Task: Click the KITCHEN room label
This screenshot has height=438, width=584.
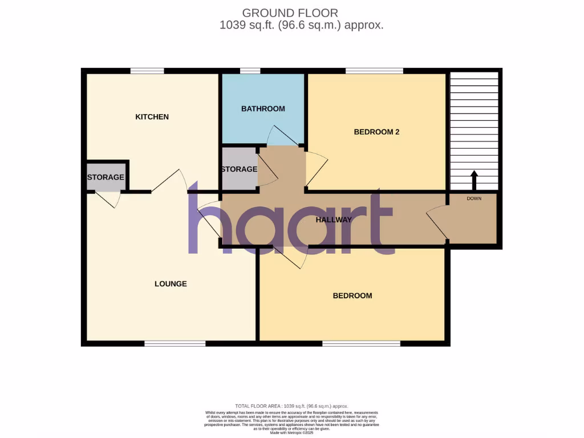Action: tap(152, 117)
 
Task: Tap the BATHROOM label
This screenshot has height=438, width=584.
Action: tap(263, 108)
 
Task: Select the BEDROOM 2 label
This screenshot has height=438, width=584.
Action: tap(376, 132)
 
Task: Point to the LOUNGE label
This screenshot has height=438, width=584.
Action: tap(171, 283)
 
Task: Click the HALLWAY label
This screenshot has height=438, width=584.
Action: tap(334, 220)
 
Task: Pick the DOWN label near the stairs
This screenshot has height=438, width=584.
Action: tap(474, 198)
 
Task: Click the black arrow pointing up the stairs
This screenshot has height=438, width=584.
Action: tap(473, 180)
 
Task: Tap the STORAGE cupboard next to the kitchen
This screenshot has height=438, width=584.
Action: tap(106, 177)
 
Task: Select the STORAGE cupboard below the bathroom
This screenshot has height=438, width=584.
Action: tap(239, 169)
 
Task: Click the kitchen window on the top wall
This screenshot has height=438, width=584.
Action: tap(147, 71)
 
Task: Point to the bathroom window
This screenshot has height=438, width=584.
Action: tap(250, 71)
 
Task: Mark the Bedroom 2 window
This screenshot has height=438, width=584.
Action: tap(374, 71)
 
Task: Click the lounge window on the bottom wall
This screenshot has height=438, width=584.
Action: tap(175, 343)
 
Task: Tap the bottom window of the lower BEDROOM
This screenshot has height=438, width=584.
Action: tap(361, 343)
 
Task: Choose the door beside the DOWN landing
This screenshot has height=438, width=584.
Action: tap(437, 222)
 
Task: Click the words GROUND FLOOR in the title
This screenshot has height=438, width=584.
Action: tap(290, 13)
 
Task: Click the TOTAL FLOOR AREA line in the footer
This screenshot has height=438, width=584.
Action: tap(291, 405)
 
